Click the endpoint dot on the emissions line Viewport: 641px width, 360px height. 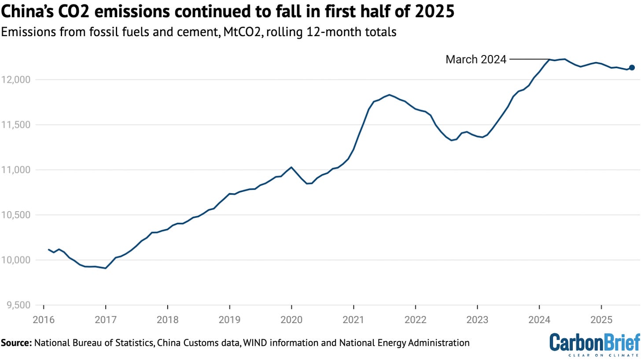point(632,67)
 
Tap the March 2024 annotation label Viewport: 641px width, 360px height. point(475,59)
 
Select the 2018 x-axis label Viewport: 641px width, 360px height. point(167,319)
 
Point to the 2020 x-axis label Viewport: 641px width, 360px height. point(291,319)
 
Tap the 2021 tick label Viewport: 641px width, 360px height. point(353,319)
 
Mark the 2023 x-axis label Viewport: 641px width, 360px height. point(477,319)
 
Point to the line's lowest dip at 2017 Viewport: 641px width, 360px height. point(105,268)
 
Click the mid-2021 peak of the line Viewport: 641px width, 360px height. point(389,95)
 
